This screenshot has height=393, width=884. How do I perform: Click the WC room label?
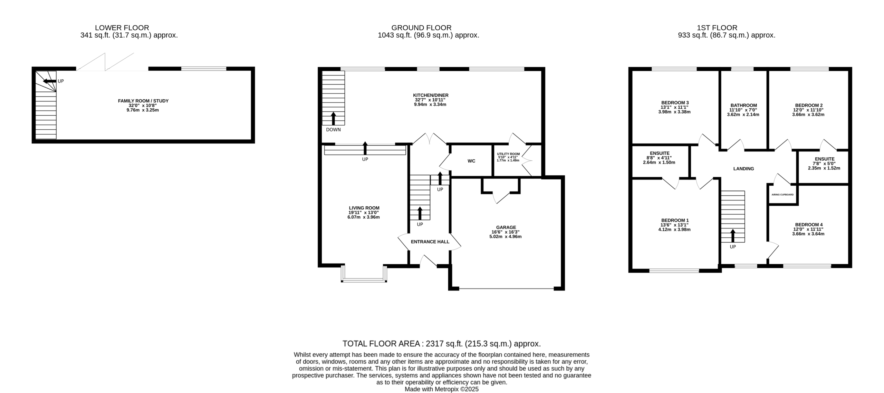coord(471,161)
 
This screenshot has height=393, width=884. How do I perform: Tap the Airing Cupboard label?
coord(782,195)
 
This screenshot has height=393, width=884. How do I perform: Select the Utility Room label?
coord(508,154)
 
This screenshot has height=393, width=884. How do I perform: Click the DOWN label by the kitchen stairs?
coord(333,130)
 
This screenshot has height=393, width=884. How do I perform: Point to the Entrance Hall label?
coord(430,242)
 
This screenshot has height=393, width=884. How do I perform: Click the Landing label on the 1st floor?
coord(743,169)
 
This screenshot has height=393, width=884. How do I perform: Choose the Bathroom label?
coord(743,106)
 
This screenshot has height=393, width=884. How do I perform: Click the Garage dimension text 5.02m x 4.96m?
coord(505,237)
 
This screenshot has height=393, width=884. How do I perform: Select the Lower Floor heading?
coord(122,28)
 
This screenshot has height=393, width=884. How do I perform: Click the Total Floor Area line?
coord(442,344)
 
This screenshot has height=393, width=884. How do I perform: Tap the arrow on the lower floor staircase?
coord(50,81)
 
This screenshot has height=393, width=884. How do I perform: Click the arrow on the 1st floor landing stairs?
coord(733,236)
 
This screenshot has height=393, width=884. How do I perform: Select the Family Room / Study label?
coord(143,101)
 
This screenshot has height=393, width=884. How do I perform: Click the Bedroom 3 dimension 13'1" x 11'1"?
coord(674,107)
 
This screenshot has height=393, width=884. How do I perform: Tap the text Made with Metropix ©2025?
coord(442,389)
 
